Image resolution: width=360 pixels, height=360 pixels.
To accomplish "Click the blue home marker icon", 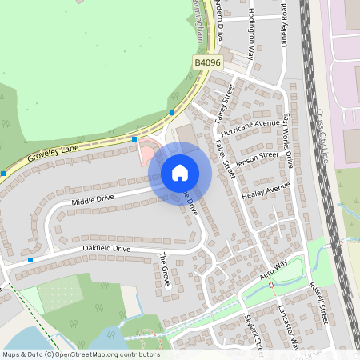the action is [180, 173].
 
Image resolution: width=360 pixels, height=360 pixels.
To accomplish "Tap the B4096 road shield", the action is [206, 62].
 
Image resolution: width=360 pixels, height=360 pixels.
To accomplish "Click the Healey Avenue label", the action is [266, 190].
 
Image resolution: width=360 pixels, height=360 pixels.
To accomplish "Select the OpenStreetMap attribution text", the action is [81, 354].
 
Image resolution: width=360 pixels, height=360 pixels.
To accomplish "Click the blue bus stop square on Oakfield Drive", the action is [30, 259].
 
